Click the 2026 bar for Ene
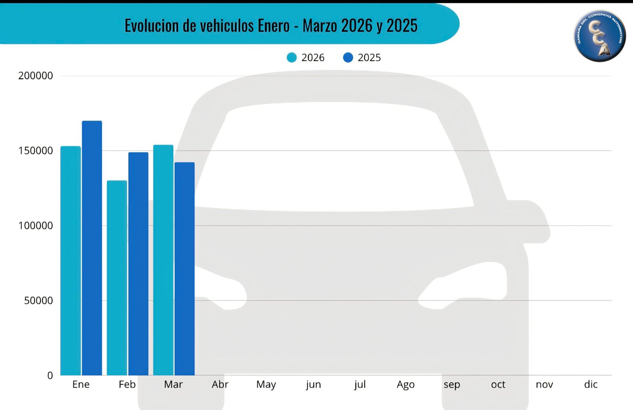[x=70, y=261]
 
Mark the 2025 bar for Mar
[x=184, y=269]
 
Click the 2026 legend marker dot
[x=292, y=58]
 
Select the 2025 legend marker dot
[x=348, y=58]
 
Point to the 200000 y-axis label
[x=36, y=76]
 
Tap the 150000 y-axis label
[x=36, y=151]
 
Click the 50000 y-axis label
[x=38, y=300]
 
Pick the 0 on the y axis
[x=50, y=376]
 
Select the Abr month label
[x=220, y=384]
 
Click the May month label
[x=266, y=384]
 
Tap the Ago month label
[x=406, y=384]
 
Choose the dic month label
[x=591, y=384]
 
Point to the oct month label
[x=498, y=384]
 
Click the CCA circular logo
[x=599, y=36]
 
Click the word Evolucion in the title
[x=152, y=26]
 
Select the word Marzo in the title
[x=320, y=26]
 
